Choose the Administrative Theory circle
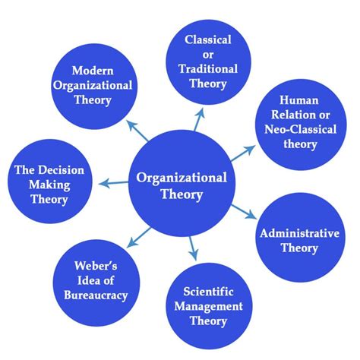point(298,237)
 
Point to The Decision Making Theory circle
point(48,183)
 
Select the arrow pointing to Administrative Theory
point(245,210)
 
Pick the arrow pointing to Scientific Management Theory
point(193,248)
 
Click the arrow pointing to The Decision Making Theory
point(112,183)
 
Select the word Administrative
point(298,232)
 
